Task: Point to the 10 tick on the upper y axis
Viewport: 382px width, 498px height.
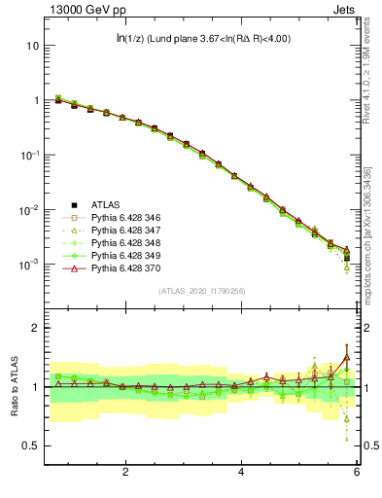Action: coord(32,46)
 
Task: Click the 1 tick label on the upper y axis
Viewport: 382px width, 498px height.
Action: coord(35,100)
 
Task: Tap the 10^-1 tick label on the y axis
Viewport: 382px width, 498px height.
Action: coord(30,155)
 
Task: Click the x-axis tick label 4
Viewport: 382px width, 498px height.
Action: coord(241,473)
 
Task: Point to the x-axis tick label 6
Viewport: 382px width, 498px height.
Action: coord(356,473)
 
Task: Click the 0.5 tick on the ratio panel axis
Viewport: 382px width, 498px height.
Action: coord(31,445)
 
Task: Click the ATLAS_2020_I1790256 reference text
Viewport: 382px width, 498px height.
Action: coord(201,291)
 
